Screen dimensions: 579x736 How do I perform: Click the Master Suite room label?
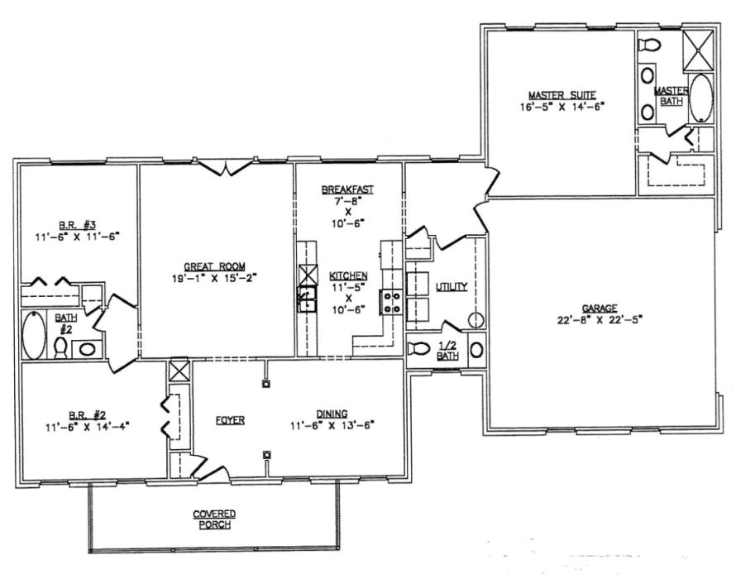click(x=562, y=93)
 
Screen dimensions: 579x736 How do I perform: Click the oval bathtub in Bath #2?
click(x=34, y=333)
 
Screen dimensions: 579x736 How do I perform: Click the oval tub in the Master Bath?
click(x=701, y=98)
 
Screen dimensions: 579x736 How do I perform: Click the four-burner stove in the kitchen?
click(x=390, y=303)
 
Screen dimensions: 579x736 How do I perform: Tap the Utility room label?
click(x=452, y=287)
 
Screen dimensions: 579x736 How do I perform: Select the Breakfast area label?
click(x=347, y=189)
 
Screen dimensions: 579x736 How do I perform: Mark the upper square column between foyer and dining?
click(x=266, y=383)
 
